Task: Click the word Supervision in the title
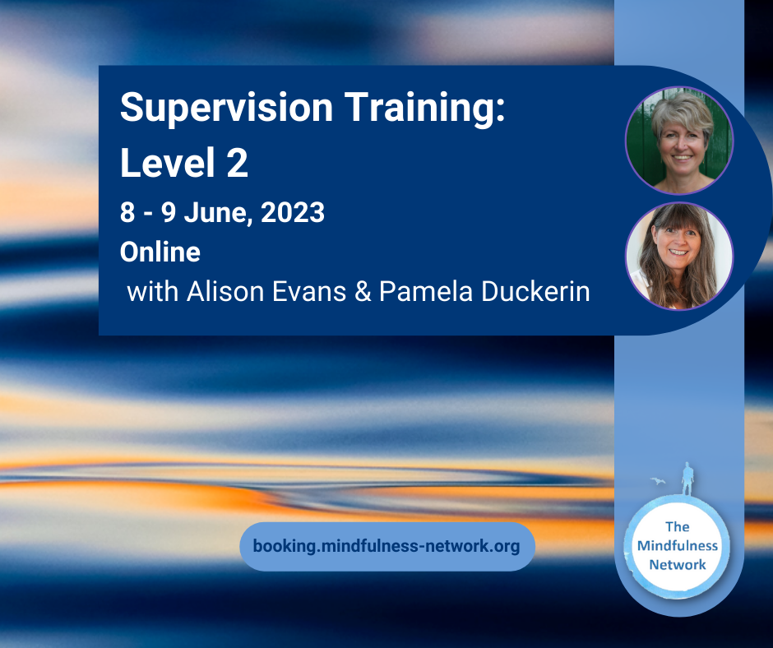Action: (x=227, y=109)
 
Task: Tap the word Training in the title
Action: (x=425, y=109)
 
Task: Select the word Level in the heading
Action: (x=168, y=162)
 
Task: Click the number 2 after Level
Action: (x=238, y=162)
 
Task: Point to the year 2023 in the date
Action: (x=293, y=212)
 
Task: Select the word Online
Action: (x=160, y=252)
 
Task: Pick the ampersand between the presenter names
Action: (x=363, y=291)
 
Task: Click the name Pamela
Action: (x=426, y=291)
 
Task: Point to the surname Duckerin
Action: (x=535, y=291)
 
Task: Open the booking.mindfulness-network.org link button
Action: (x=387, y=546)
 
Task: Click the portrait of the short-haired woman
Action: (x=679, y=141)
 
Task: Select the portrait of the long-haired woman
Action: (x=679, y=256)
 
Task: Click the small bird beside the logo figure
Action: (x=658, y=481)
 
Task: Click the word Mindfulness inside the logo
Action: (x=678, y=545)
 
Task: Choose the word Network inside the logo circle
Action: (x=678, y=564)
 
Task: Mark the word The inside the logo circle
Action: (x=678, y=526)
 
